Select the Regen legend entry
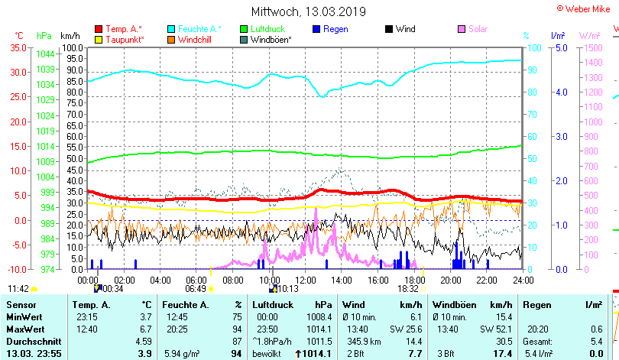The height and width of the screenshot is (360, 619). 335,29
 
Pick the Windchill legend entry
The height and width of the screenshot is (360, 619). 195,39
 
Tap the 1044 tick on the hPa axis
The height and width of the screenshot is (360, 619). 45,54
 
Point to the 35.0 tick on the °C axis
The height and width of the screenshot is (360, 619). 17,47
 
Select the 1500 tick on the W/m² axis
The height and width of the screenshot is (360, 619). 591,47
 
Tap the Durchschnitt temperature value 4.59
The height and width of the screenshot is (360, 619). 143,341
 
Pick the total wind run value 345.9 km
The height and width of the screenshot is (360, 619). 362,341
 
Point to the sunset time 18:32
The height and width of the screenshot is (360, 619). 408,288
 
